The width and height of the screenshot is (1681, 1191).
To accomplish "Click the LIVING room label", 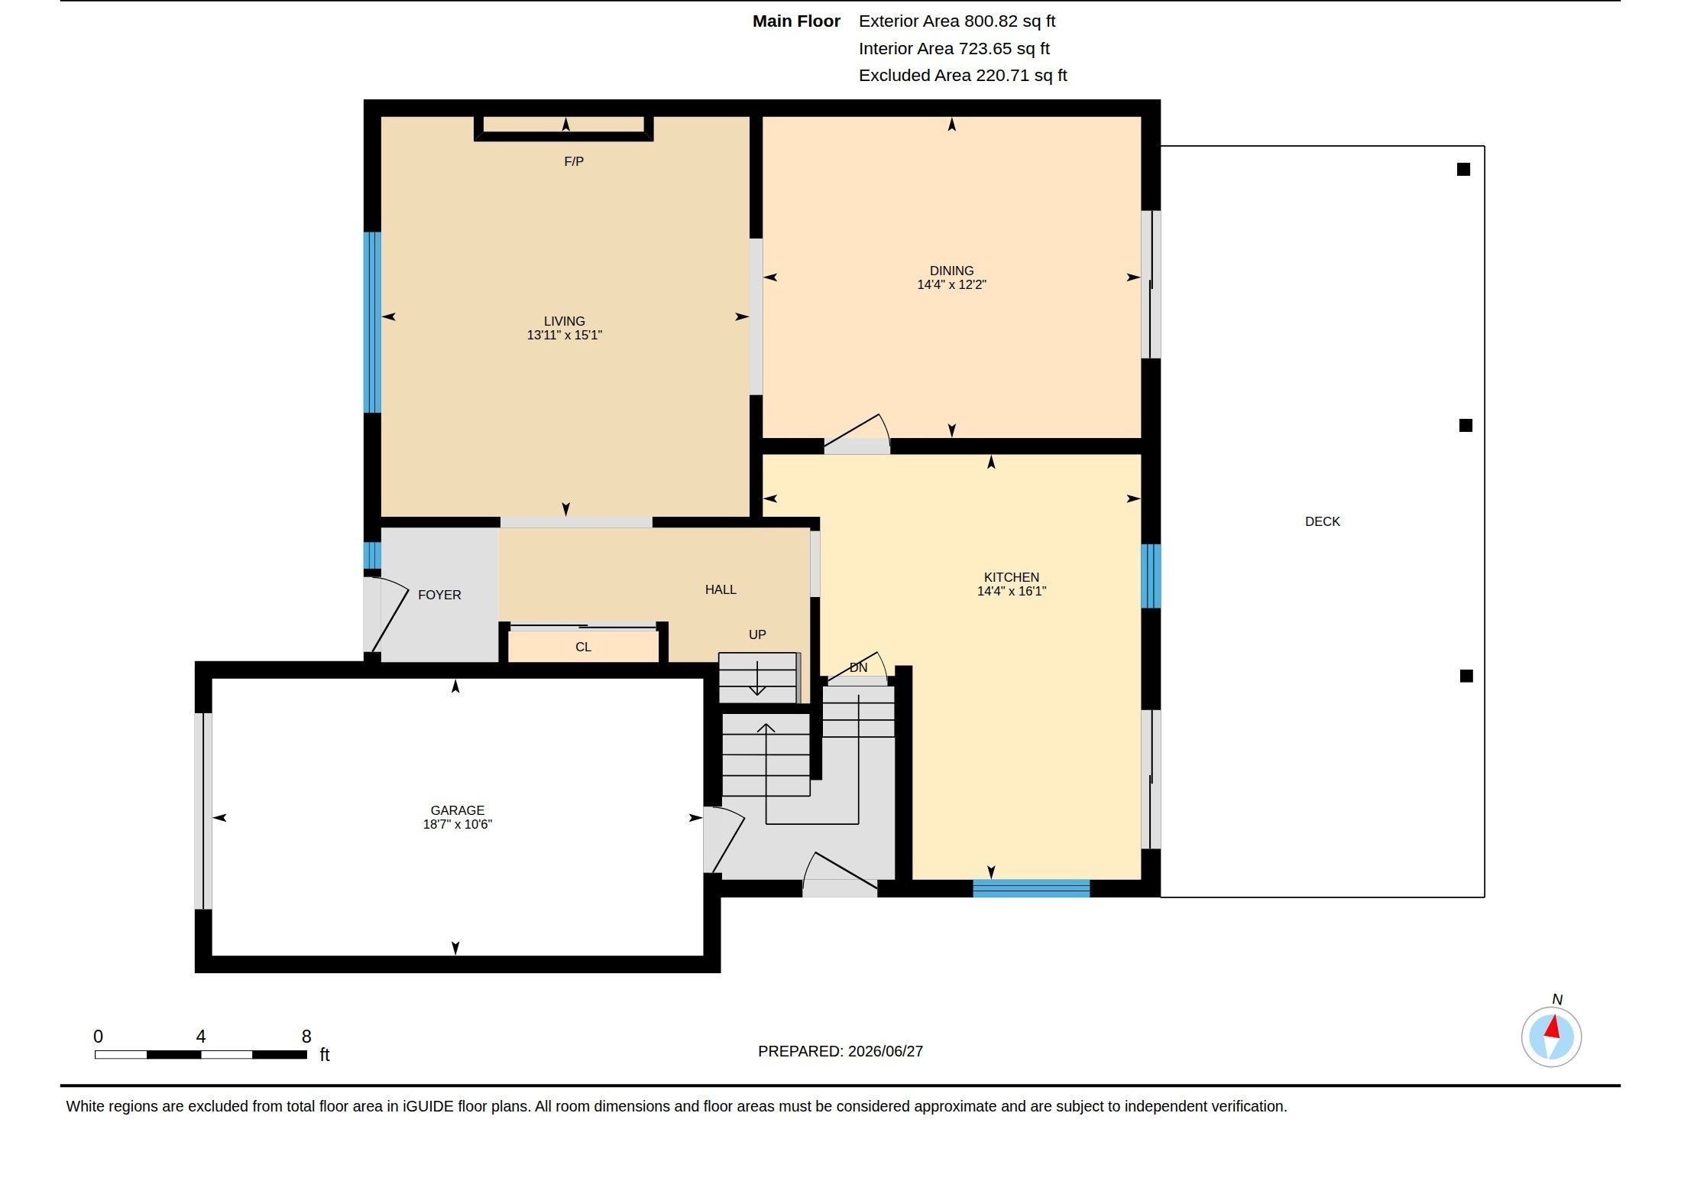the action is [564, 321].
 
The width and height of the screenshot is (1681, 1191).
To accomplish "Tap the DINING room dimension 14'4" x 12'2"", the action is [951, 284].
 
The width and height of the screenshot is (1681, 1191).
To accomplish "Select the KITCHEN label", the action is [1011, 577].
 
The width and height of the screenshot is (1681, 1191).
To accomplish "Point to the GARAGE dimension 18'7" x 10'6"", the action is [457, 824].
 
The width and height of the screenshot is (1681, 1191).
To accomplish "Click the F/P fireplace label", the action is [574, 161].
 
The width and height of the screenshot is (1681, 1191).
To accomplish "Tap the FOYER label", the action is [439, 595].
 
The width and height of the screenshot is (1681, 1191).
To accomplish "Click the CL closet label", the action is [583, 647].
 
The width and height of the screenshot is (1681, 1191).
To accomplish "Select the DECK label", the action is [1322, 521].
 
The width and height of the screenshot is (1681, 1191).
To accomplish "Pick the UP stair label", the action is [757, 634].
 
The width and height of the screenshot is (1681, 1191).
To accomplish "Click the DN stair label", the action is [858, 667].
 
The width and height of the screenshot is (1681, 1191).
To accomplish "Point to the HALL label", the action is [721, 589].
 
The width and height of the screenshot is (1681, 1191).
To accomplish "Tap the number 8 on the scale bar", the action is [306, 1037].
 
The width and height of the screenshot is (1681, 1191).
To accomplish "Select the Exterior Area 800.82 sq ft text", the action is [957, 21].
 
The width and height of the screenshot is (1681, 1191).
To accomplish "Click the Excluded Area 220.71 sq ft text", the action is [963, 76].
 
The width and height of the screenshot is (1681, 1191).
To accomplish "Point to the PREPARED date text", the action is [840, 1051].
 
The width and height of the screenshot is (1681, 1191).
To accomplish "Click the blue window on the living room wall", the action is [372, 323].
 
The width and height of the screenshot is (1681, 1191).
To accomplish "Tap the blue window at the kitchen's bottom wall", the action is [1031, 888].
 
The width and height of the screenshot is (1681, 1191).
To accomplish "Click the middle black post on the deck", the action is [1466, 425].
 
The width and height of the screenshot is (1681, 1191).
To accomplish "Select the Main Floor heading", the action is [796, 21].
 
